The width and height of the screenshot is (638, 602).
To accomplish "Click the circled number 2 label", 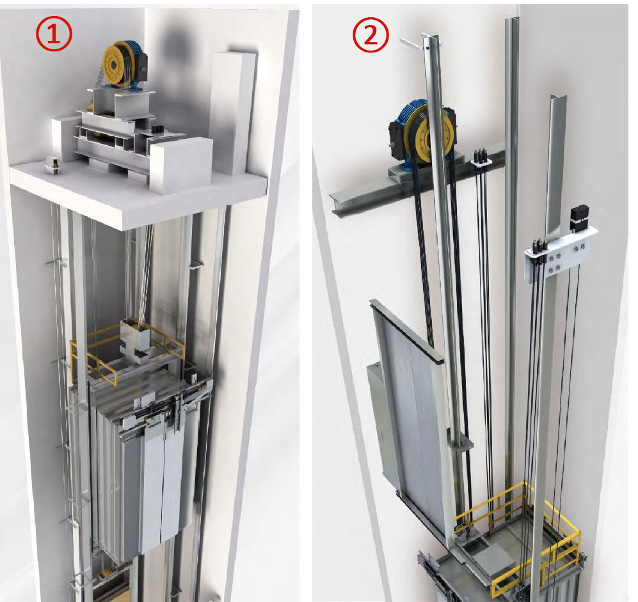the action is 371,35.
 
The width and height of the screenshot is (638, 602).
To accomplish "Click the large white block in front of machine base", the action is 182,165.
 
